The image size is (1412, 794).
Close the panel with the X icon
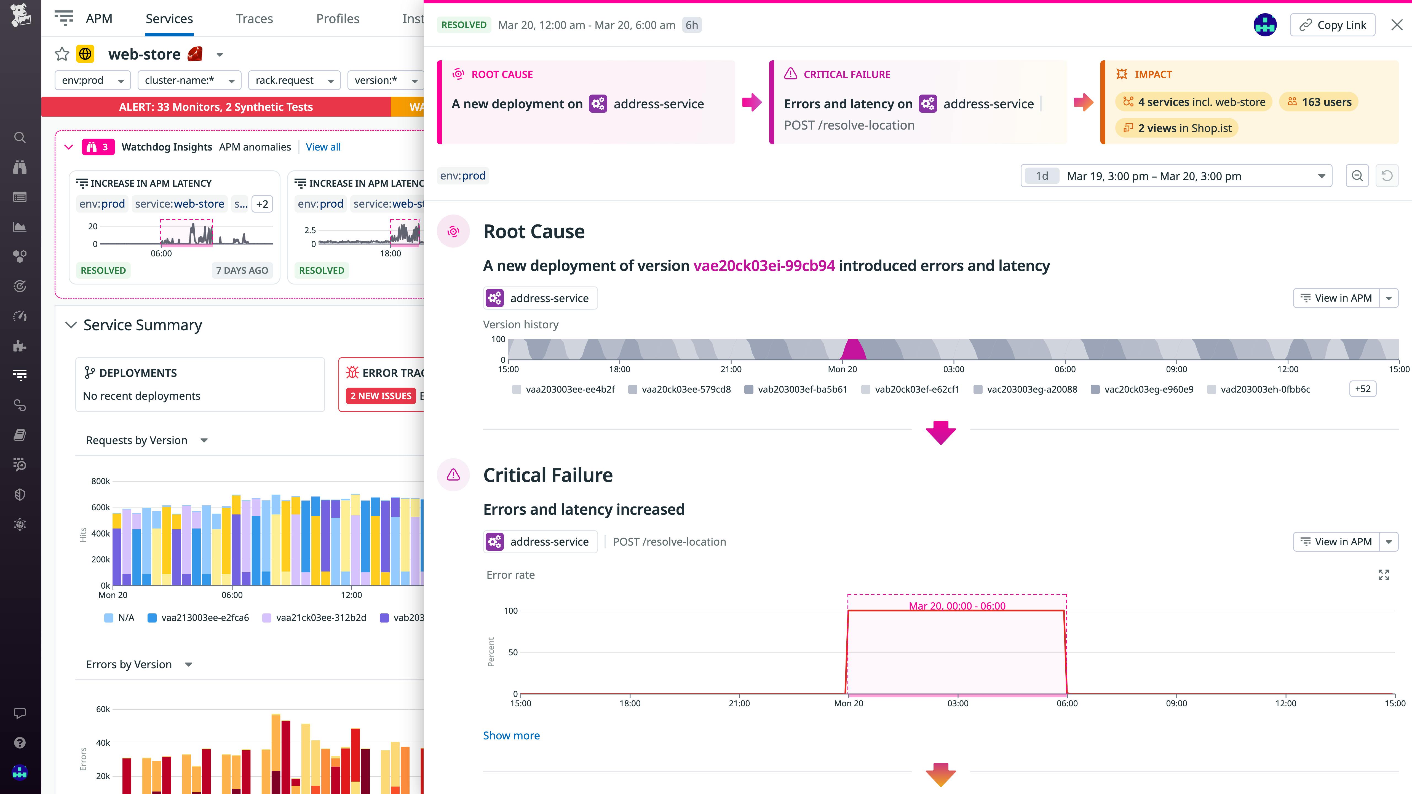(x=1397, y=25)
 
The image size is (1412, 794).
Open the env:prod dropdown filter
(x=93, y=81)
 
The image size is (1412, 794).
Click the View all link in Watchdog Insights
(x=323, y=147)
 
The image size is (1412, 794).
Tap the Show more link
(x=511, y=735)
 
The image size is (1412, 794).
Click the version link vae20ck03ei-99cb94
(x=764, y=266)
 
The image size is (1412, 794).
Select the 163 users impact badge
(x=1319, y=102)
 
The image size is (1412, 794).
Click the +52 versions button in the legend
(x=1362, y=389)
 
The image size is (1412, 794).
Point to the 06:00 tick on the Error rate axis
(x=1067, y=703)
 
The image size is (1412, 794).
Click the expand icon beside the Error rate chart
(x=1384, y=575)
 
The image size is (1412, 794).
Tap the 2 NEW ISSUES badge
(x=380, y=396)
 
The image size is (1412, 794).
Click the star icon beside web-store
(x=62, y=54)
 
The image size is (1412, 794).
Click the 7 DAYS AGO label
(x=242, y=270)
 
